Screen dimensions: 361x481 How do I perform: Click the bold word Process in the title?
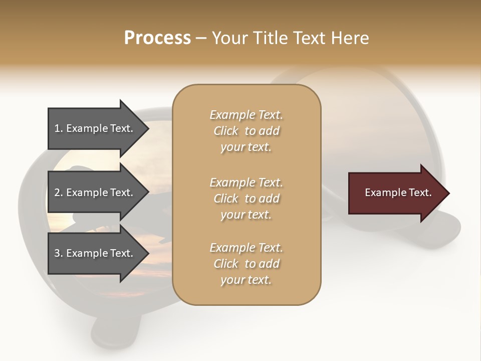[x=157, y=38]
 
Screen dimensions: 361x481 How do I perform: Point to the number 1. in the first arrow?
[x=59, y=128]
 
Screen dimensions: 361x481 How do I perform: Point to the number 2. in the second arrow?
[x=59, y=193]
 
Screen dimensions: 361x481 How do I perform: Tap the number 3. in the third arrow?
[x=59, y=253]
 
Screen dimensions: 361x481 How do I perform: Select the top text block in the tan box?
[x=247, y=131]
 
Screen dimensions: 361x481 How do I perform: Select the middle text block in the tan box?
[x=247, y=198]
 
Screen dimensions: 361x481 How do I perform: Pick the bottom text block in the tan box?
[x=247, y=264]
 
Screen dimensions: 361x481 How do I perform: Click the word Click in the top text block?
[x=226, y=131]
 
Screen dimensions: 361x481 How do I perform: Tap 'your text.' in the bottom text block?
[x=246, y=280]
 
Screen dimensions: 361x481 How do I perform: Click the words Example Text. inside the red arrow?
[x=398, y=193]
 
